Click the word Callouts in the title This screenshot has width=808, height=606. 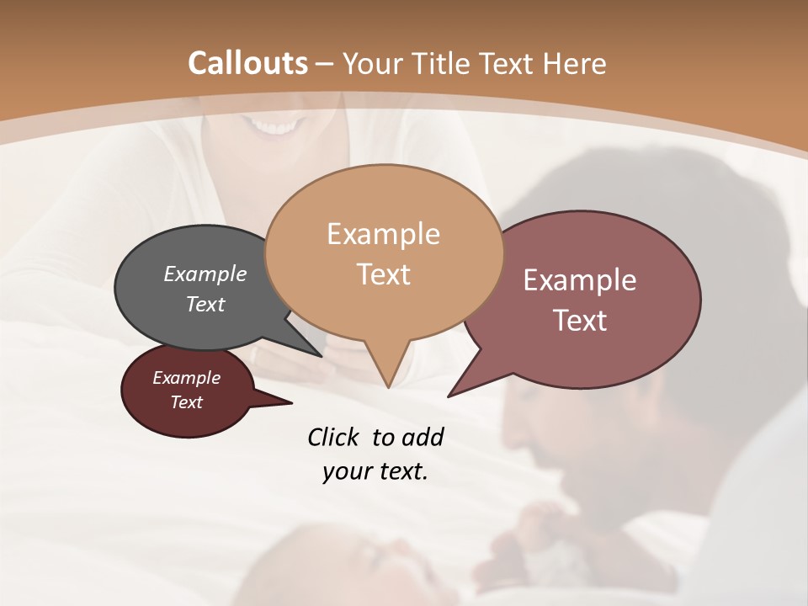(x=247, y=63)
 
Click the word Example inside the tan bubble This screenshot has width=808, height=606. (x=383, y=234)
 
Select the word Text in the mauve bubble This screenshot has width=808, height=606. (x=579, y=321)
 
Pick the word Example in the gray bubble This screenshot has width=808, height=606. (x=205, y=274)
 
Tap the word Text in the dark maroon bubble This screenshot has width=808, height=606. (x=187, y=402)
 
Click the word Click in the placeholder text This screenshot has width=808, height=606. (x=333, y=437)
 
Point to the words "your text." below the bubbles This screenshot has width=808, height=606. (x=375, y=472)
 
